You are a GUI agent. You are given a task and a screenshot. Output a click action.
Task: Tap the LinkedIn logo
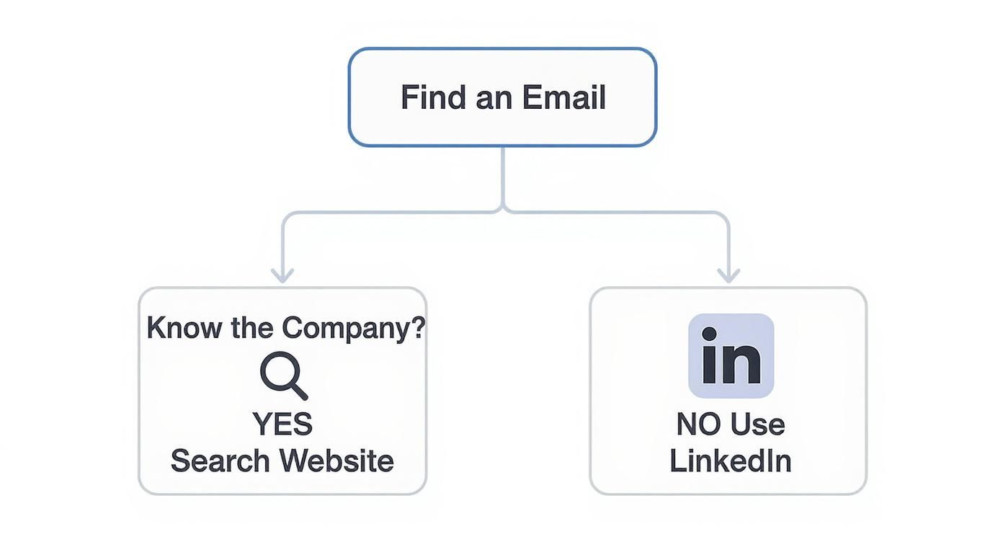click(x=731, y=355)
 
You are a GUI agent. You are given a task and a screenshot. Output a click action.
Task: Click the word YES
click(x=282, y=424)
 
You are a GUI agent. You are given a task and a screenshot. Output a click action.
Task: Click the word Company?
click(x=353, y=328)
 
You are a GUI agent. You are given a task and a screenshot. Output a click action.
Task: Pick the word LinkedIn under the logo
click(x=731, y=461)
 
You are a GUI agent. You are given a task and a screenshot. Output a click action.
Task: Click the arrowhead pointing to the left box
click(x=282, y=275)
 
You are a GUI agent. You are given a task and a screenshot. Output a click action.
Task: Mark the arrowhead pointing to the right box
click(x=728, y=275)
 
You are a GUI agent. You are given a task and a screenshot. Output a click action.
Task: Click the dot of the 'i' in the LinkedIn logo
click(x=709, y=334)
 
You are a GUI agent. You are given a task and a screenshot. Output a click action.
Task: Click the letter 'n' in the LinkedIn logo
click(x=742, y=364)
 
